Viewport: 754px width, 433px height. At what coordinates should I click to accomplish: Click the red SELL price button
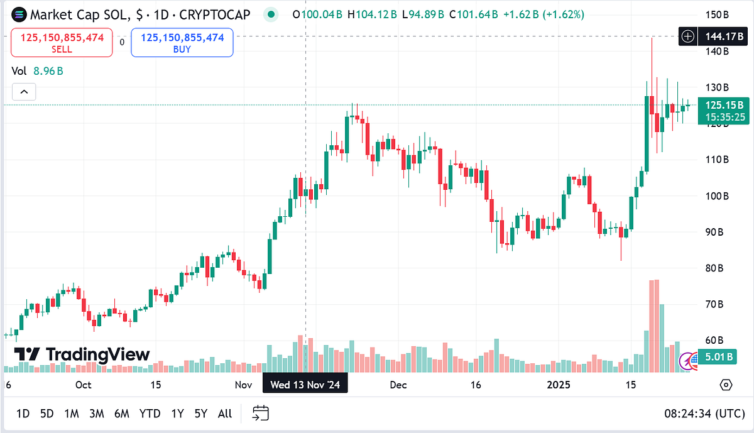click(x=62, y=43)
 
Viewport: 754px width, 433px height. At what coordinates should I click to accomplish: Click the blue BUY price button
click(x=182, y=43)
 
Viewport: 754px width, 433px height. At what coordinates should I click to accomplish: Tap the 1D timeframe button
click(x=23, y=414)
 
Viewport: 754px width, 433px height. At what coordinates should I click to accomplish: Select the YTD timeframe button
click(x=150, y=414)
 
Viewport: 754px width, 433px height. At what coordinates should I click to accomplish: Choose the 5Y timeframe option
click(x=200, y=414)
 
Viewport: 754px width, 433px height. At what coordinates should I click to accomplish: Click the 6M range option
click(x=121, y=414)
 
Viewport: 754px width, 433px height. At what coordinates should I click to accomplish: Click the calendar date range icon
click(x=261, y=413)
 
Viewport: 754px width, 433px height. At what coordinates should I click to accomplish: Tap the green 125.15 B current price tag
click(x=724, y=111)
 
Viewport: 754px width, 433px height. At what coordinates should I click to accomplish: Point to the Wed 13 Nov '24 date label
click(x=305, y=385)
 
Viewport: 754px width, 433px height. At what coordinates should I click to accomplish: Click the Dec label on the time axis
click(x=398, y=385)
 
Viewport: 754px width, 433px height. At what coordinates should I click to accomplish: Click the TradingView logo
click(x=82, y=354)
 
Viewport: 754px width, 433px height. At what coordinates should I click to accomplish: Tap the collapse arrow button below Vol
click(x=24, y=92)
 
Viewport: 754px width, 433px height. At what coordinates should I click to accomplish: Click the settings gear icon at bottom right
click(x=726, y=385)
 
